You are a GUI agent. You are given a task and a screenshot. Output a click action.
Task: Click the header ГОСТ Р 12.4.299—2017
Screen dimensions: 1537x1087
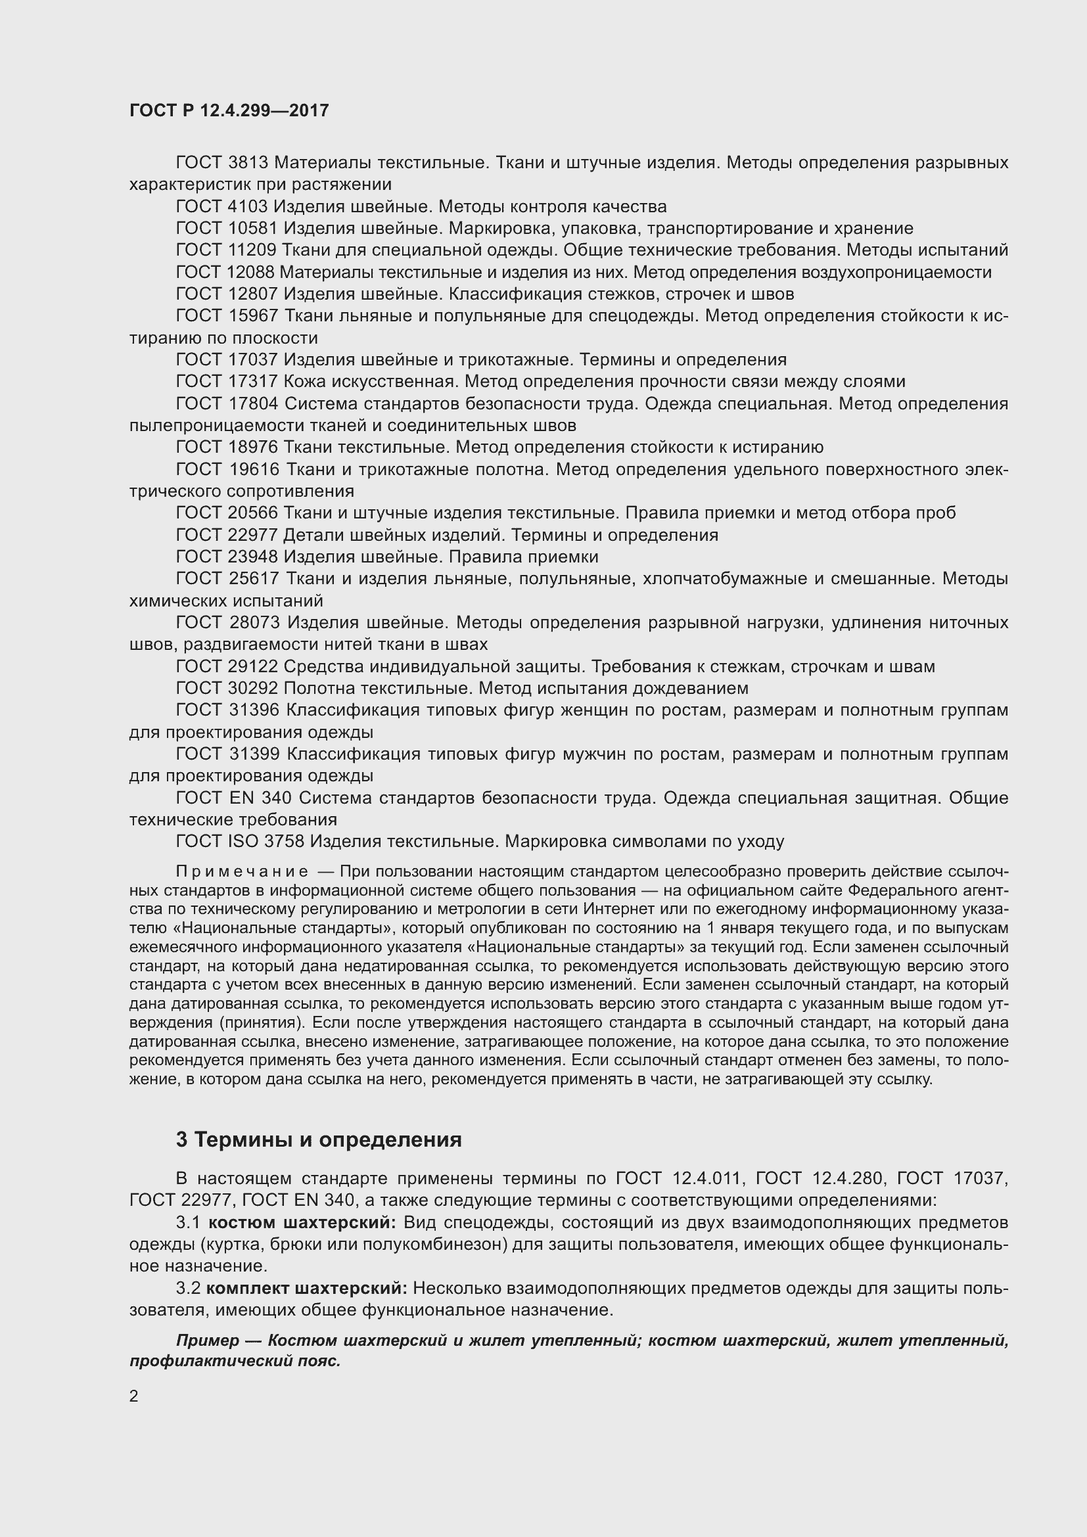pos(229,110)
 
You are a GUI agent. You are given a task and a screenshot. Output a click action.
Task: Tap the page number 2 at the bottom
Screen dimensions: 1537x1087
pos(134,1396)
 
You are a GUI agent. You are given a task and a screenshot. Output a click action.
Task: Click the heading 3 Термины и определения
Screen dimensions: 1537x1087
pos(319,1139)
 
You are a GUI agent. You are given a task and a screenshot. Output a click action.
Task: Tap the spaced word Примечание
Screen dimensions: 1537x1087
pos(243,871)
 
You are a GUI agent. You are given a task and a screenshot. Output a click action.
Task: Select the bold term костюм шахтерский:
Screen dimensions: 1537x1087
pos(302,1222)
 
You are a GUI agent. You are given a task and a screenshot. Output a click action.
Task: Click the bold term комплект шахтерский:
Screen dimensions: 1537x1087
pos(306,1288)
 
